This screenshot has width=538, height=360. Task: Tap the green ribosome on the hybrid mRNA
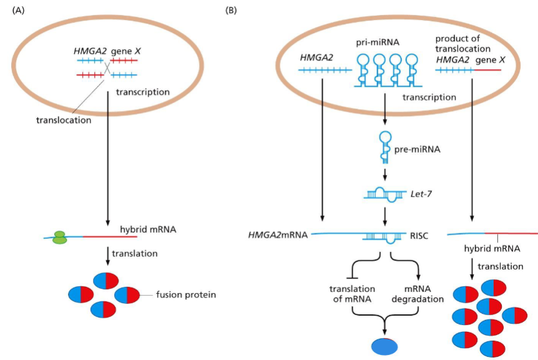tap(59, 237)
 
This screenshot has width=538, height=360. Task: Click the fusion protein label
tap(187, 294)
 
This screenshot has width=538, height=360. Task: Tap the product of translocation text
tap(461, 42)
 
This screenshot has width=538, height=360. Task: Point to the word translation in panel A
tap(137, 253)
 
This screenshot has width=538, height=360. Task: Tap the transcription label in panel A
tap(143, 92)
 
